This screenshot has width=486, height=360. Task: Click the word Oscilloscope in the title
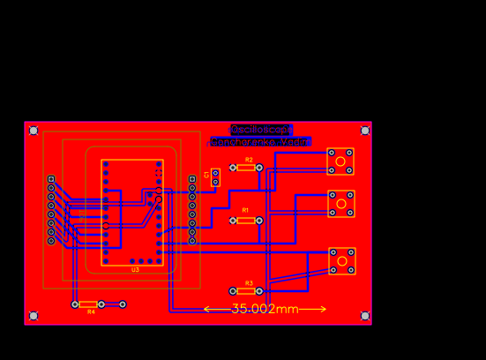click(261, 130)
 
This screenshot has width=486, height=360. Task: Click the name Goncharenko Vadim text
click(259, 141)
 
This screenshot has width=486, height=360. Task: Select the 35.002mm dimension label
click(265, 309)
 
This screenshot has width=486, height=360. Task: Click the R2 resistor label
click(249, 160)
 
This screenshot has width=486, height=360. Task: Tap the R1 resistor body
click(246, 220)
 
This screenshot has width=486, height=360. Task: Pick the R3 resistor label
click(249, 283)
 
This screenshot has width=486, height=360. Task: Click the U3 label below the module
click(135, 270)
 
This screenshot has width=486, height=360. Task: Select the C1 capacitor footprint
click(215, 178)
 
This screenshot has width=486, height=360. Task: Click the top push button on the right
click(340, 161)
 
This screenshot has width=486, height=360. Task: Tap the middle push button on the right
click(340, 204)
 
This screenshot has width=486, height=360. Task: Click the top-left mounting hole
click(34, 131)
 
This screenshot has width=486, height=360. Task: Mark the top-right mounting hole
click(364, 131)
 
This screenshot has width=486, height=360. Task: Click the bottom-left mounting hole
click(34, 315)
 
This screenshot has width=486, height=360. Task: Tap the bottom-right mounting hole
click(364, 315)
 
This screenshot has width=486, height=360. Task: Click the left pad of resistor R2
click(233, 168)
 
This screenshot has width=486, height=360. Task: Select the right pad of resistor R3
click(260, 291)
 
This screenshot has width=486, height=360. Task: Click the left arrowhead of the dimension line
click(206, 309)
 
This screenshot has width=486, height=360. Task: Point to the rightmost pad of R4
click(123, 304)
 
